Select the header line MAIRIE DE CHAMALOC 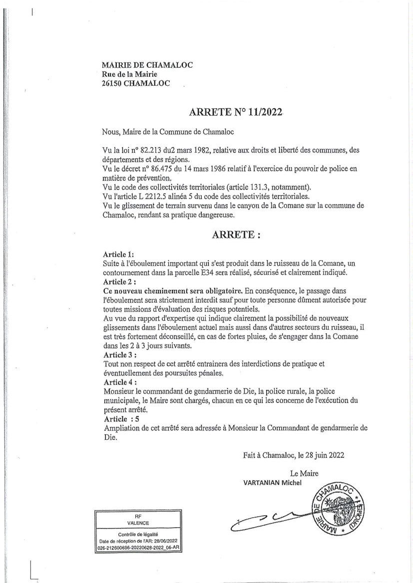pyautogui.click(x=140, y=65)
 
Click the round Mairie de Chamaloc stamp pyautogui.click(x=339, y=509)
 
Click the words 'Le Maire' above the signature pyautogui.click(x=304, y=473)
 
